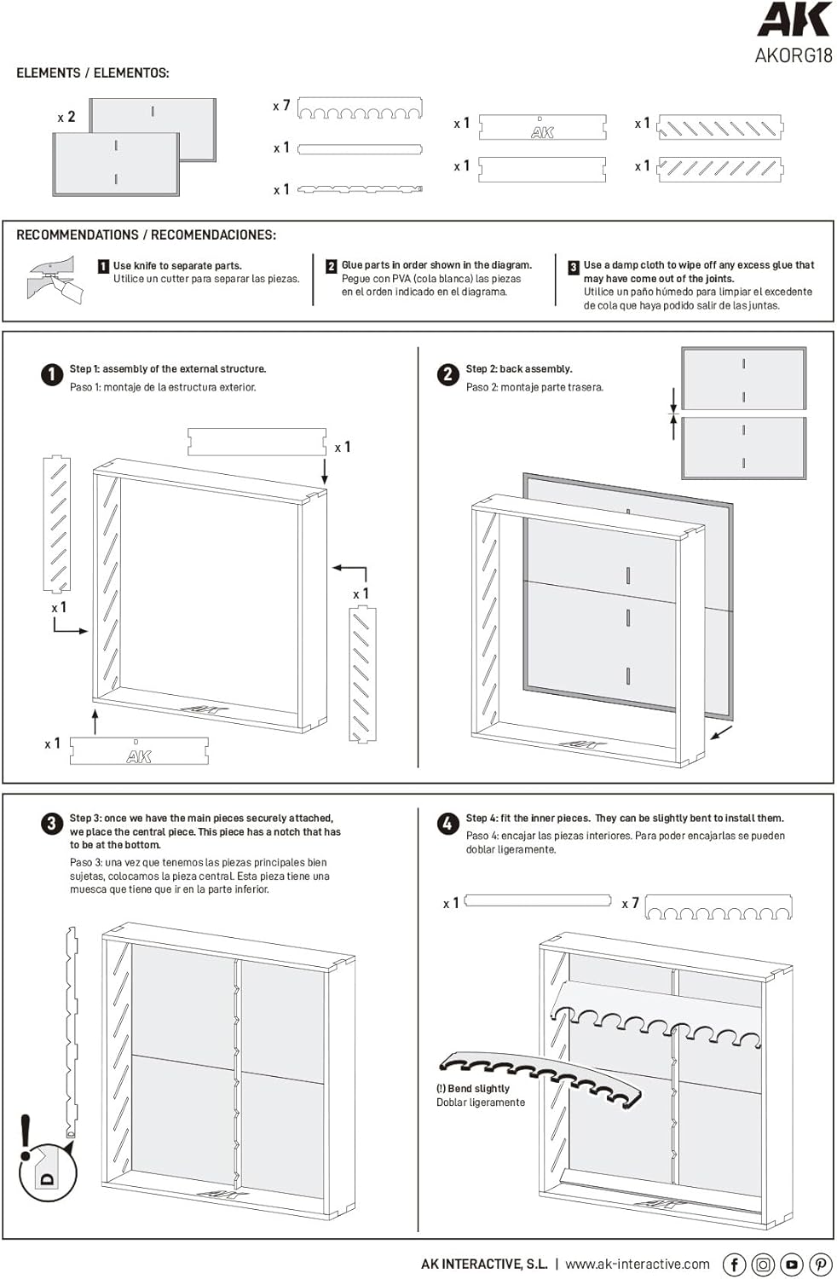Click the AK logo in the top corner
tap(794, 20)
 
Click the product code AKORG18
tap(793, 56)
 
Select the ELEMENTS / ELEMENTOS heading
tap(93, 73)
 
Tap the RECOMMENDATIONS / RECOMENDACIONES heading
tap(146, 234)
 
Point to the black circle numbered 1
tap(52, 374)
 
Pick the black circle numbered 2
tap(447, 374)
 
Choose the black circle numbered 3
tap(52, 824)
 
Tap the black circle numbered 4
tap(447, 824)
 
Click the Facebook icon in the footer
tap(734, 1265)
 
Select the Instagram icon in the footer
tap(763, 1265)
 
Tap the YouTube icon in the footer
tap(792, 1265)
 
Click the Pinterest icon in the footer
tap(821, 1265)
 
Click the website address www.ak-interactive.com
tap(638, 1265)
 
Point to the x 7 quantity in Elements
tap(281, 106)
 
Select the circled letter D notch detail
tap(49, 1174)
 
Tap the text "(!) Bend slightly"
tap(473, 1089)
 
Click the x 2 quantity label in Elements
tap(66, 117)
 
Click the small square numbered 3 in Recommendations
tap(574, 267)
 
